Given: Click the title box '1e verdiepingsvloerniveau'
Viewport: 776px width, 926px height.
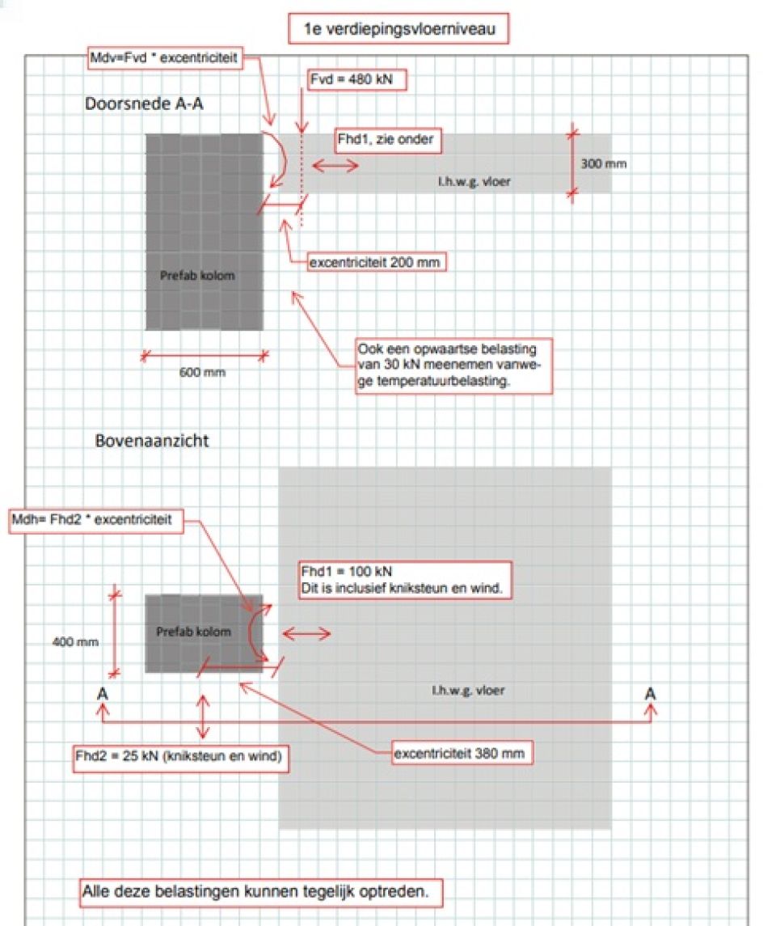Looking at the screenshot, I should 399,30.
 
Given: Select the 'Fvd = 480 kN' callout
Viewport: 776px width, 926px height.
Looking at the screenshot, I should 356,80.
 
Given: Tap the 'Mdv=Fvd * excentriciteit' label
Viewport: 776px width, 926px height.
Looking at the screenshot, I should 167,58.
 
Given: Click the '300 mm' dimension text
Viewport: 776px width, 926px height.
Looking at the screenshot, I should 604,164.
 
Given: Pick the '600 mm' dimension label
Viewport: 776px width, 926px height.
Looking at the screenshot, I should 202,373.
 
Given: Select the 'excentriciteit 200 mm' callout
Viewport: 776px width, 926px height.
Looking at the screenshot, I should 377,263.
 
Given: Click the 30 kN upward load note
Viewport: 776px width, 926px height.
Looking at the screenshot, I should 454,366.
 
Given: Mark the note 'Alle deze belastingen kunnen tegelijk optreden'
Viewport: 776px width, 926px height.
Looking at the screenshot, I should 262,891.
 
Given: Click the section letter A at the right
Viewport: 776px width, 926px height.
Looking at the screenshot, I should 651,694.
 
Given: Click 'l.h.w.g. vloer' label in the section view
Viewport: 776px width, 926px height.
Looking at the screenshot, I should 474,181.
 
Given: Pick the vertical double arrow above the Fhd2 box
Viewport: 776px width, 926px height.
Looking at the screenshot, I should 203,716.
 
